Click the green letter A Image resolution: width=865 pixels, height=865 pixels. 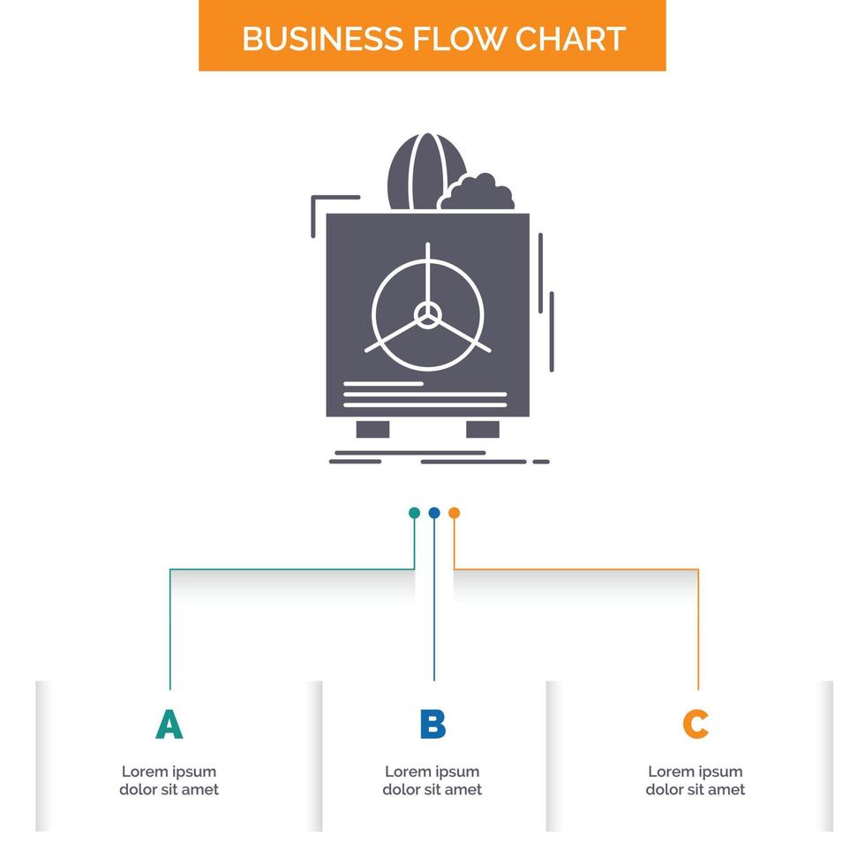(169, 724)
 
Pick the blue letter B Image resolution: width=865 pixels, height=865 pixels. (432, 724)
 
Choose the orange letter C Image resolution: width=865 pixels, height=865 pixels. (696, 724)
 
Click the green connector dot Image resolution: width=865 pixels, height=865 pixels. (414, 513)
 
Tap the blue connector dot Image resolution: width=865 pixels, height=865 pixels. (433, 513)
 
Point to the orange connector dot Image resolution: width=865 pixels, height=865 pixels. (454, 513)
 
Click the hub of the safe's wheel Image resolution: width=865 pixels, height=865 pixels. (428, 313)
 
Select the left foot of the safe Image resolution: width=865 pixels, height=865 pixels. (372, 429)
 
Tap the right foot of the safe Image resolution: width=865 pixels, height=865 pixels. (483, 429)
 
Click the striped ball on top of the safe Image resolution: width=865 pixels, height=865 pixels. (413, 171)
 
